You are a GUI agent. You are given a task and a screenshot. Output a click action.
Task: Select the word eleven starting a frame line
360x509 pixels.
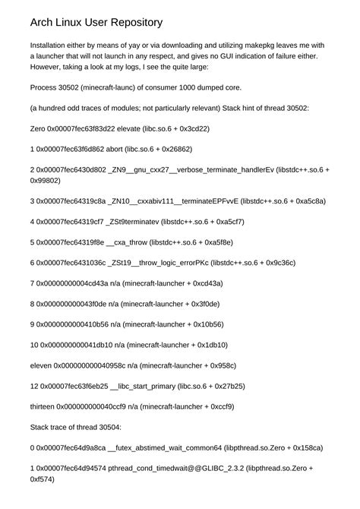click(x=41, y=365)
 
